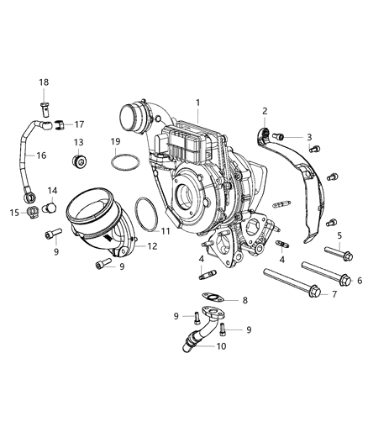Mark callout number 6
(x=360, y=280)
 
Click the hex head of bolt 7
(x=313, y=293)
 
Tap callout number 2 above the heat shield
(x=265, y=111)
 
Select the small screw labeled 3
(x=282, y=136)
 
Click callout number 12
(x=152, y=246)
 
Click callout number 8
(x=244, y=300)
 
